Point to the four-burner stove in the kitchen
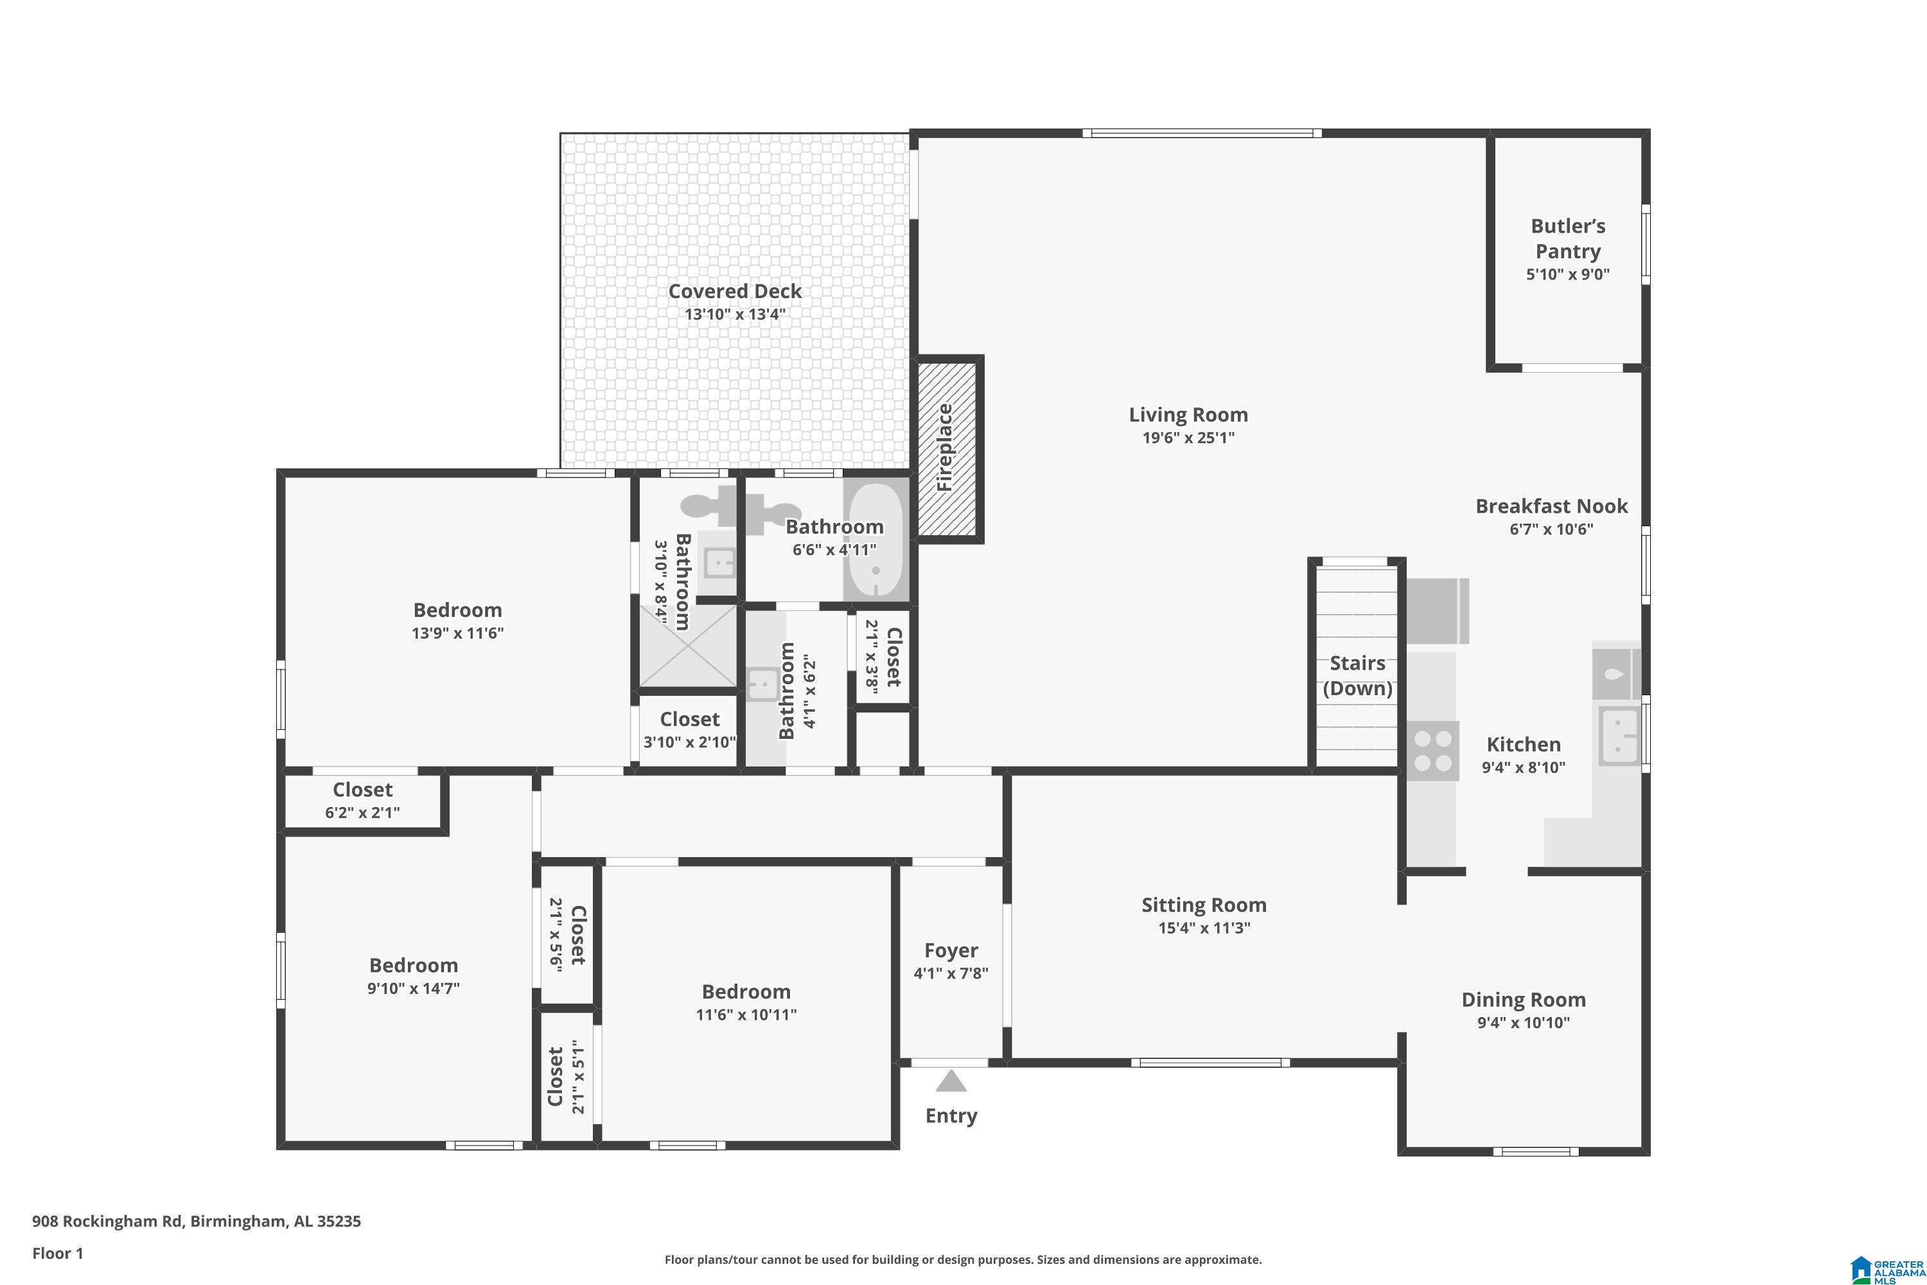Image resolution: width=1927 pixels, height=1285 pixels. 1433,750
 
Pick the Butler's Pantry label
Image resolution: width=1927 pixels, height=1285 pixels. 1567,238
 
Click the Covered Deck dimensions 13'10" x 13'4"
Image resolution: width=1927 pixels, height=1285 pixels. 735,314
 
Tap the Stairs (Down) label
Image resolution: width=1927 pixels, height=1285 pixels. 1358,675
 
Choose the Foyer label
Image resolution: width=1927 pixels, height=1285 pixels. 951,951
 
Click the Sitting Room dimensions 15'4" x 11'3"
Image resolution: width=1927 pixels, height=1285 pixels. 1204,928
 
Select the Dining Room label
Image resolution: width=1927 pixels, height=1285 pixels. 1523,1000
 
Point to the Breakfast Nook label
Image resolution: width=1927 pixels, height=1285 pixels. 1551,506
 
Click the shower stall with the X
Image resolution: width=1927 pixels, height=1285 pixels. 687,645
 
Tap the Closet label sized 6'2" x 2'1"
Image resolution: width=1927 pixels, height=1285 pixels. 362,790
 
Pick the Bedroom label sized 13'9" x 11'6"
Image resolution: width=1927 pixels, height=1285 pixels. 457,610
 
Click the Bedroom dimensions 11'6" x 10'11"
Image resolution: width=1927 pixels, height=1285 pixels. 746,1015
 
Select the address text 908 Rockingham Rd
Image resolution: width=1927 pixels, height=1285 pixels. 107,1221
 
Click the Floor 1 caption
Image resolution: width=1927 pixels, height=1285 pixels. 57,1253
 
